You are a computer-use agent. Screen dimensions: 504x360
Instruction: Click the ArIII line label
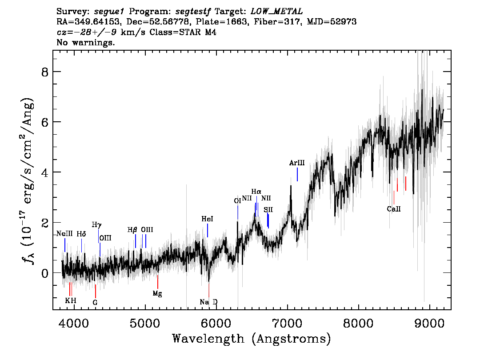click(x=297, y=163)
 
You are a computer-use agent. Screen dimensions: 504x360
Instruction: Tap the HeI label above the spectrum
click(x=207, y=219)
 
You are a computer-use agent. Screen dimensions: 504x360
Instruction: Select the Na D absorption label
click(x=208, y=302)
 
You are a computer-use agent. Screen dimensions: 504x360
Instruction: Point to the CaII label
click(x=394, y=209)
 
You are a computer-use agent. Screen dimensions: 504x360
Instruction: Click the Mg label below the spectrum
click(x=157, y=293)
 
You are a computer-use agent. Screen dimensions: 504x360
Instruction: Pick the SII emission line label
click(x=268, y=210)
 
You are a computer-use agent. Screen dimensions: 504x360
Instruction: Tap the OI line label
click(x=237, y=201)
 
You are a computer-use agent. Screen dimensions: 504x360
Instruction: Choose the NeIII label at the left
click(x=64, y=234)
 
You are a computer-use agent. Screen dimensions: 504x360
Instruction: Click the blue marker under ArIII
click(x=297, y=174)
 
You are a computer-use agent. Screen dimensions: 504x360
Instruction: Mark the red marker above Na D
click(x=209, y=290)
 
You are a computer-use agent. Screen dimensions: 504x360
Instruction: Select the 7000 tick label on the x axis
click(x=287, y=324)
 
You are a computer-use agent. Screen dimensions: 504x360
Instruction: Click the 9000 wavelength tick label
click(x=429, y=324)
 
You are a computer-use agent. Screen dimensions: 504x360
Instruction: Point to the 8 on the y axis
click(x=45, y=72)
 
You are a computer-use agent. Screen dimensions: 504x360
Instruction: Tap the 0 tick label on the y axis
click(x=45, y=273)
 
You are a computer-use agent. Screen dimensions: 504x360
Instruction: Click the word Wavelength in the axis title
click(x=208, y=339)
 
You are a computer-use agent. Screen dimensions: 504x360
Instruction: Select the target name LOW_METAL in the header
click(x=277, y=12)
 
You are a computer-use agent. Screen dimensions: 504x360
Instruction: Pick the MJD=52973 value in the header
click(x=332, y=22)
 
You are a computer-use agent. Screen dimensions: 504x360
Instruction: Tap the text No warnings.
click(x=85, y=42)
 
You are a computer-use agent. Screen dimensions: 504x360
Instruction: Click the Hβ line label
click(x=132, y=230)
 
